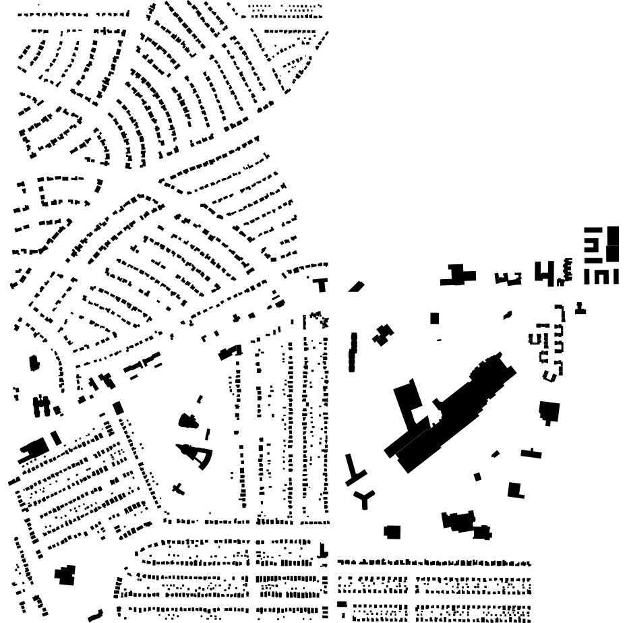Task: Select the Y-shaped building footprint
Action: click(x=365, y=499)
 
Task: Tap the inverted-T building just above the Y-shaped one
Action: click(x=355, y=472)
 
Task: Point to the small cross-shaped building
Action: click(x=179, y=487)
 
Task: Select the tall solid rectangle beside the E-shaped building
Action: click(x=612, y=243)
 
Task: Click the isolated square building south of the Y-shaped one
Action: click(x=392, y=532)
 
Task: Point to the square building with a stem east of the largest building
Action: click(x=549, y=412)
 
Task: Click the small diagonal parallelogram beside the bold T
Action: click(x=356, y=287)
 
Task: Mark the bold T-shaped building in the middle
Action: click(x=322, y=283)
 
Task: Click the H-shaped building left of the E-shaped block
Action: click(x=543, y=272)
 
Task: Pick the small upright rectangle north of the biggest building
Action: click(x=435, y=318)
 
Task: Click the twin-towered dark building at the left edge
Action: click(x=42, y=405)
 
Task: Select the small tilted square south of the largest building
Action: click(x=477, y=477)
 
